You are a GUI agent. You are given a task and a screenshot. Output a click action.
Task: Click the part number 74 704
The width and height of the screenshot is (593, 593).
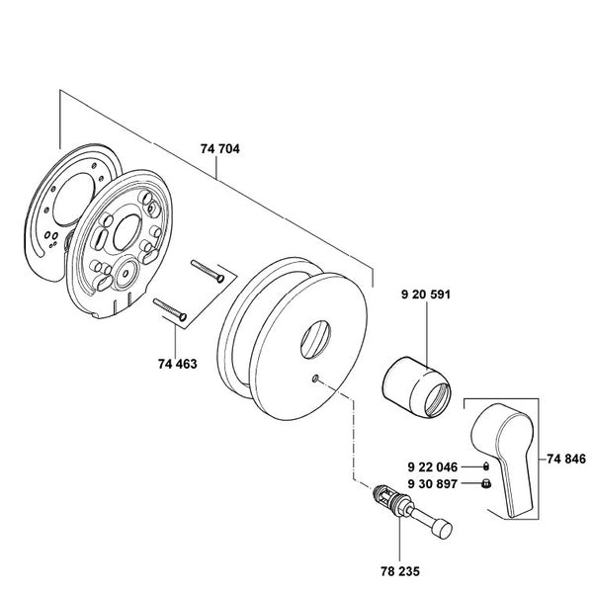coord(220,149)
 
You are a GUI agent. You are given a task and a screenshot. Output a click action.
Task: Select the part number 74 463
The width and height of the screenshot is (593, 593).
coord(178,364)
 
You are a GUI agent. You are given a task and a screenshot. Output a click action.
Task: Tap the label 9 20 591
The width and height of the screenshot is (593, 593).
coord(426,295)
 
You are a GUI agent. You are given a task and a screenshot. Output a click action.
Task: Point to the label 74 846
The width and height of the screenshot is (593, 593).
coord(566,459)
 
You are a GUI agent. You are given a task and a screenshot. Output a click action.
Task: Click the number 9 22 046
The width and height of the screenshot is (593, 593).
coord(433,467)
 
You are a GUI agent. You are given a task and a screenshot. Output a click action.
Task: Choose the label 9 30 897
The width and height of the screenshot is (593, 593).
coord(433,483)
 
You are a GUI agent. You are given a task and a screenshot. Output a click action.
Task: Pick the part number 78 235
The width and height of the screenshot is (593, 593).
coord(400,571)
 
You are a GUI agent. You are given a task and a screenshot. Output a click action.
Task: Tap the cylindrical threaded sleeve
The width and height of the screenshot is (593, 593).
coord(416,387)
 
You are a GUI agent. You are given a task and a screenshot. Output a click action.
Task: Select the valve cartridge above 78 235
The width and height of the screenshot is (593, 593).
coord(412,509)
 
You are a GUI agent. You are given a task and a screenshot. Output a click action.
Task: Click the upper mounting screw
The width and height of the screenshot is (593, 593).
coord(208,271)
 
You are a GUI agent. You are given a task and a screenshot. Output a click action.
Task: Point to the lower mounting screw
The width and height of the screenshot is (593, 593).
coord(170,309)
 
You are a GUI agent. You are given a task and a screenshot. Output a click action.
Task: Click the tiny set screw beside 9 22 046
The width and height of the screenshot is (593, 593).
coord(486,466)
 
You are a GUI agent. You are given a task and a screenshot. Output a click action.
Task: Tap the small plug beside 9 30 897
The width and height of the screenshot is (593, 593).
coord(486,483)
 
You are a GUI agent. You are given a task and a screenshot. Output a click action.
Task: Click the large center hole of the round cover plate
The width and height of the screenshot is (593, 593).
coord(315,339)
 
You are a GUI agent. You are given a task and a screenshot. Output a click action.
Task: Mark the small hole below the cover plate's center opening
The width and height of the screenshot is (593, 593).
coord(315,378)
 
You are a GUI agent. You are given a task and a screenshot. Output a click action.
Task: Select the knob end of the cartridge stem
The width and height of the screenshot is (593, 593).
coord(443,530)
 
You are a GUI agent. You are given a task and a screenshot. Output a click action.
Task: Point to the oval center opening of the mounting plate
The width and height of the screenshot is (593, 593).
coord(127,232)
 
